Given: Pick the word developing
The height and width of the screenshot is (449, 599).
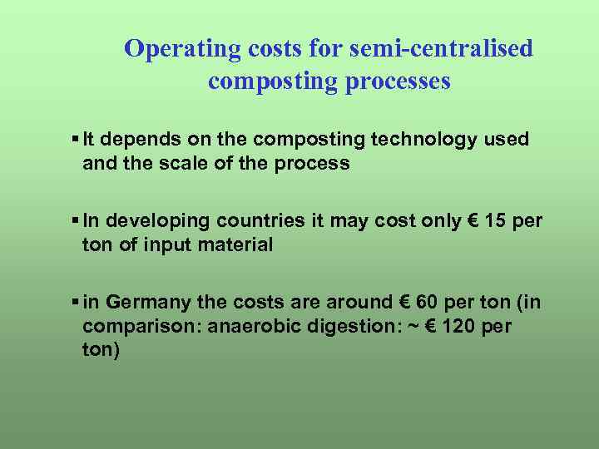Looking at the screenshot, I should click(x=160, y=221).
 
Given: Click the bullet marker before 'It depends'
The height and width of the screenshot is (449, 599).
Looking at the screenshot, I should click(x=76, y=140).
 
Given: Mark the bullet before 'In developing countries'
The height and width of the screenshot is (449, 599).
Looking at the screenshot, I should click(x=76, y=221).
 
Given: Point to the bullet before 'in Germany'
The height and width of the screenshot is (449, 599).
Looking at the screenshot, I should click(x=76, y=303).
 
